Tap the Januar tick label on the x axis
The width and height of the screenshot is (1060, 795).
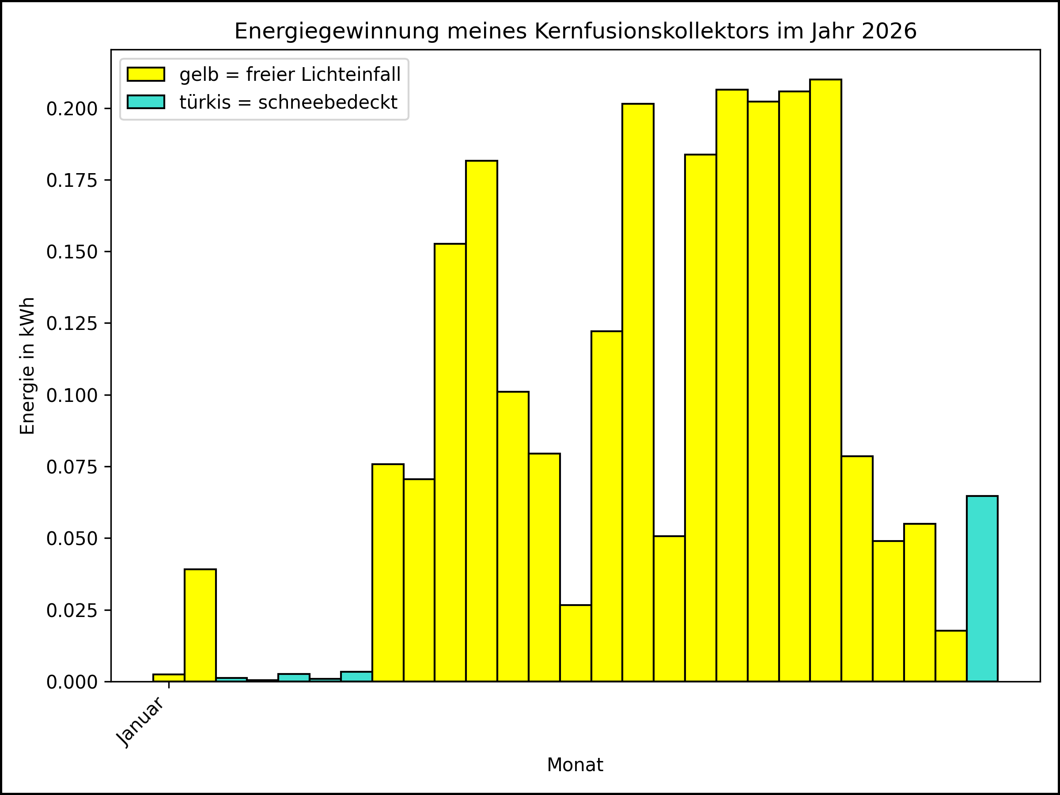(141, 722)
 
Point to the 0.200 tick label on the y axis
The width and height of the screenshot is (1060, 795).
(72, 109)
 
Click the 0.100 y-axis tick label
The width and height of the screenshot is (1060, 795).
(72, 396)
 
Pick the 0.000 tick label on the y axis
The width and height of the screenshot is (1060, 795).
(72, 682)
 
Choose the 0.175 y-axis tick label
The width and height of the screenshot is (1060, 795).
(72, 181)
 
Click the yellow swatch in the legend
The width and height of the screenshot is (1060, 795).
(146, 74)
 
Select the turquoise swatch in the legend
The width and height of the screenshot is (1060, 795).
(146, 102)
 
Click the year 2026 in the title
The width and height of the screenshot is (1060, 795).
(889, 32)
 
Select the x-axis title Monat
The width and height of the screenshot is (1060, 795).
(575, 765)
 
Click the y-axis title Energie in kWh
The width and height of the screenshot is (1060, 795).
(27, 366)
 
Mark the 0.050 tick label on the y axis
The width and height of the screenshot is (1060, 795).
(72, 539)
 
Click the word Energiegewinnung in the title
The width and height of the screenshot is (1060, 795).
(337, 32)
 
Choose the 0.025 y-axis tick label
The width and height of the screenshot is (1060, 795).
(72, 611)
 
